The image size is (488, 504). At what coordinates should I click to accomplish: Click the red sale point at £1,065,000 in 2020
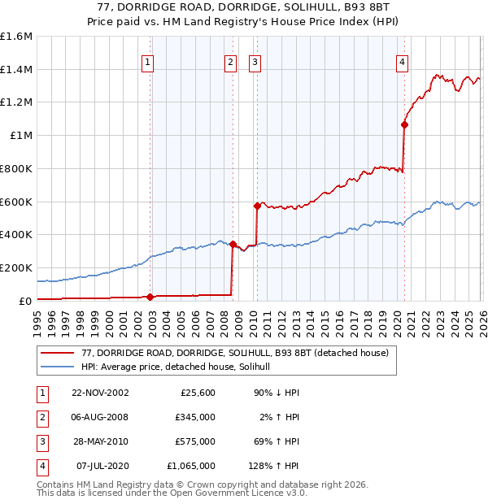(x=404, y=124)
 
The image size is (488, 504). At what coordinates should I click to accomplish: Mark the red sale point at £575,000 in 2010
(x=257, y=206)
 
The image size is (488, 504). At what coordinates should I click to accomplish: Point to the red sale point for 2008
(x=232, y=244)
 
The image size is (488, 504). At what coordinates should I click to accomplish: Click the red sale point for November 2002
(x=150, y=297)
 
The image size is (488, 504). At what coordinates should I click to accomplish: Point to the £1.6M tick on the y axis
(x=16, y=37)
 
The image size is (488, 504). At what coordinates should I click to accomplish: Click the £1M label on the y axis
(x=20, y=136)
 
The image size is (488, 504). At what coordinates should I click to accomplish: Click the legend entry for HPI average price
(x=181, y=367)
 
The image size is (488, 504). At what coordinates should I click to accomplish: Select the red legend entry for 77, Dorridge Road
(x=236, y=353)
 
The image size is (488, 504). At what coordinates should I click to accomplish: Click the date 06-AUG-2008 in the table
(x=100, y=417)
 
